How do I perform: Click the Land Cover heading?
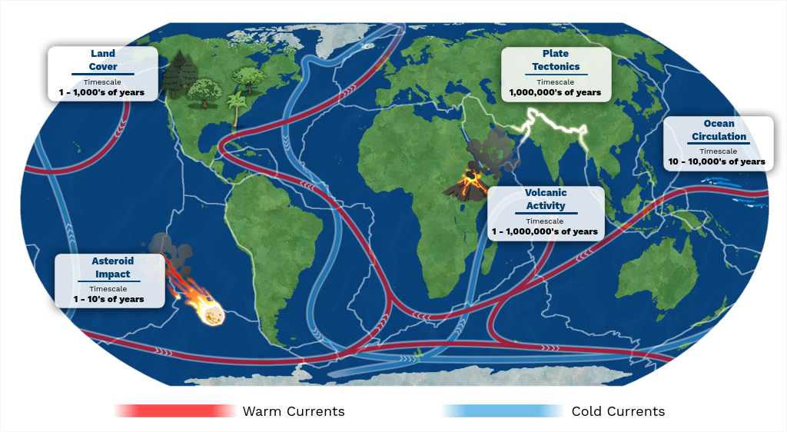click(x=103, y=60)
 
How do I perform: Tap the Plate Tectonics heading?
click(x=556, y=60)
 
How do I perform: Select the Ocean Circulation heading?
click(x=719, y=130)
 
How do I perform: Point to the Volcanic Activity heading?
click(x=546, y=199)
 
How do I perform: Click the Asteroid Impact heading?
click(x=113, y=268)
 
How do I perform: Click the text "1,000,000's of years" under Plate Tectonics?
click(x=555, y=92)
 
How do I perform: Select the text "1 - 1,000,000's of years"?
click(x=545, y=231)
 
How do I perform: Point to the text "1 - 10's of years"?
click(x=108, y=299)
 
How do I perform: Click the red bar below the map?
click(x=175, y=410)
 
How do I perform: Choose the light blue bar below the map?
click(x=503, y=410)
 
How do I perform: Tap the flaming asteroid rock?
click(x=211, y=311)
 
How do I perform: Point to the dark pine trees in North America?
click(x=179, y=73)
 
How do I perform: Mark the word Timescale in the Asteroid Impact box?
click(x=108, y=288)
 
